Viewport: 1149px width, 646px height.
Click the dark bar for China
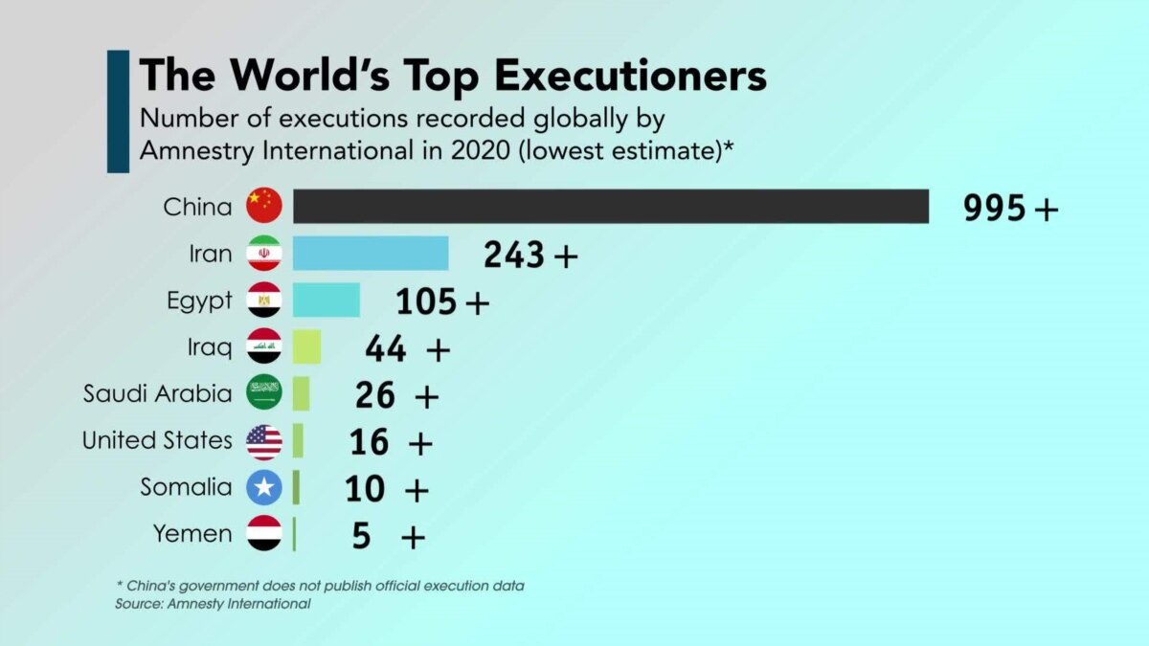(x=610, y=207)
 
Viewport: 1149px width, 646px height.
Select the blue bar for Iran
(x=371, y=254)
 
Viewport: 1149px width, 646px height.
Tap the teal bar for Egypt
(x=327, y=300)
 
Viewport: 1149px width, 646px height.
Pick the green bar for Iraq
(x=306, y=346)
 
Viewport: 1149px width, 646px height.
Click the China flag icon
(x=264, y=206)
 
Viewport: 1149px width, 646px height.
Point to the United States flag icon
(x=264, y=441)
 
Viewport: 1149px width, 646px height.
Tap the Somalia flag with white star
(x=264, y=487)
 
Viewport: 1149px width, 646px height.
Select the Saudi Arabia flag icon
(x=264, y=393)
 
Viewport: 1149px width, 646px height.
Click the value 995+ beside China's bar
(x=1011, y=208)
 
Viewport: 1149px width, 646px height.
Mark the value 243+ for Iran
(x=530, y=255)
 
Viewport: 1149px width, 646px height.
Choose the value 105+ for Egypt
(x=442, y=301)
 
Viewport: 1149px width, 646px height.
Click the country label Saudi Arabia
(x=158, y=393)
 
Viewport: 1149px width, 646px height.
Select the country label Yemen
(x=192, y=534)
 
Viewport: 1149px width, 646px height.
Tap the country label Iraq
(x=210, y=347)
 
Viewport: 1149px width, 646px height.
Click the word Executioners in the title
(x=618, y=76)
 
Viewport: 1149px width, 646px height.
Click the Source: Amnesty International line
(x=213, y=604)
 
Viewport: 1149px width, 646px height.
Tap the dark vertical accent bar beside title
(x=118, y=112)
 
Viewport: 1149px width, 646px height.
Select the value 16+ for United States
(x=392, y=442)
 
